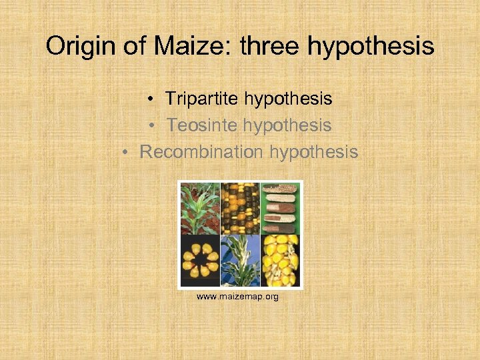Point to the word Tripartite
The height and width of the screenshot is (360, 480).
202,99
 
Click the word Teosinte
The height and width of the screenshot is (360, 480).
203,125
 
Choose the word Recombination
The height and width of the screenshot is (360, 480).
201,152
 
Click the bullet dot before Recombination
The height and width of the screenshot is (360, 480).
127,153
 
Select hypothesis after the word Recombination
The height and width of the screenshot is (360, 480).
314,153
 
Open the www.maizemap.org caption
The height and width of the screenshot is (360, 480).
237,296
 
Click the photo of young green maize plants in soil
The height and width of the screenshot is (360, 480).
200,208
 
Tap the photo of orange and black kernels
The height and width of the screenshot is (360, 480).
240,208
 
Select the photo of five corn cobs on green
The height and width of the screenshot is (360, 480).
281,208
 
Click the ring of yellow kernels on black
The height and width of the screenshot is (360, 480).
200,261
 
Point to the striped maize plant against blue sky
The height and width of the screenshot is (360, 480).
240,261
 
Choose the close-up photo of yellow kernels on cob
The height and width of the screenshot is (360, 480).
281,261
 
